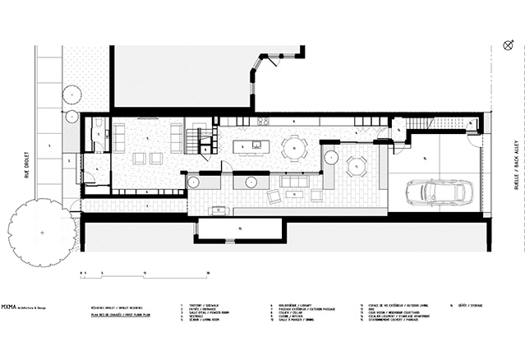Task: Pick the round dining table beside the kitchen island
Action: pyautogui.click(x=294, y=149)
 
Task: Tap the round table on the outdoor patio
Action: pyautogui.click(x=357, y=166)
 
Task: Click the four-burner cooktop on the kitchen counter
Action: pyautogui.click(x=264, y=122)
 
